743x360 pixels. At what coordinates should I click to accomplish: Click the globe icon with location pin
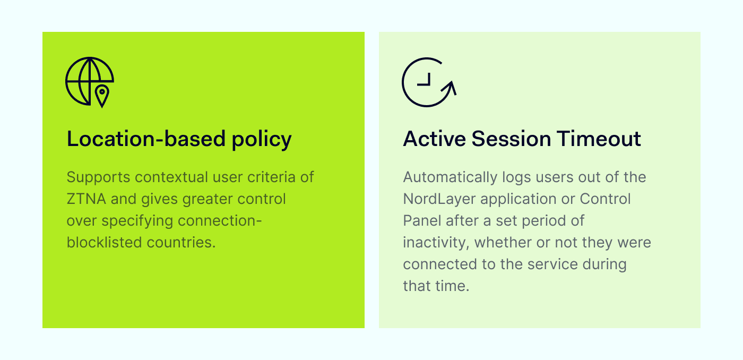coord(90,81)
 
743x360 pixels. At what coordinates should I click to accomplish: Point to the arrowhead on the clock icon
coord(450,88)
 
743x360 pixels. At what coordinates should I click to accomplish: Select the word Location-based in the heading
coord(146,139)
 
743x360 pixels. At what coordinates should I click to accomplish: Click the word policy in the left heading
coord(262,139)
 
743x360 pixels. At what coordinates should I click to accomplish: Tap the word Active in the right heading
coord(435,139)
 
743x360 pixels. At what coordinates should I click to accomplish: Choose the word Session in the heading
coord(512,139)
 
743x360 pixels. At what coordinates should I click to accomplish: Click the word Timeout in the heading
coord(599,139)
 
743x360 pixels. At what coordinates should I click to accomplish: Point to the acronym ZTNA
coord(86,199)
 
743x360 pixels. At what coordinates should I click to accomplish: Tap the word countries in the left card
coord(181,243)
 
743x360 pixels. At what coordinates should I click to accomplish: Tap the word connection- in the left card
coord(220,221)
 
